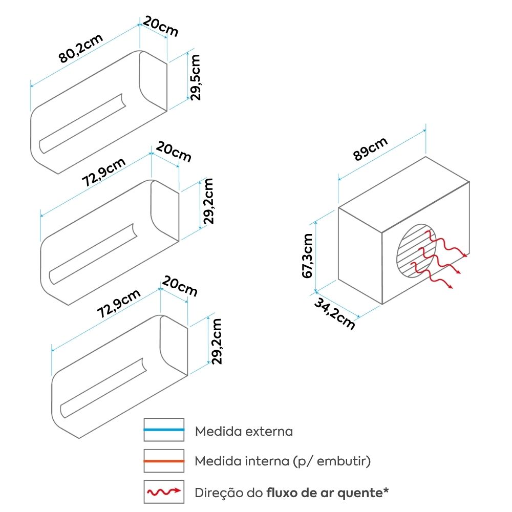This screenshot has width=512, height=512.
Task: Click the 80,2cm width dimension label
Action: [x=81, y=48]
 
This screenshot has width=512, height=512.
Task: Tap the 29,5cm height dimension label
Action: [x=195, y=77]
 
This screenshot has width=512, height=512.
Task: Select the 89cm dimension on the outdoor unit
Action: [x=370, y=148]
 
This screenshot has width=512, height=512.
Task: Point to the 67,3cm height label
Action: [x=308, y=255]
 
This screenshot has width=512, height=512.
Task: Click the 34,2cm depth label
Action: [x=335, y=314]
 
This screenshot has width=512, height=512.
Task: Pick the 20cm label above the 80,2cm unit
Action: [x=161, y=26]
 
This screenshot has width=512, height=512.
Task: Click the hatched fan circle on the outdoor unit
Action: [x=416, y=251]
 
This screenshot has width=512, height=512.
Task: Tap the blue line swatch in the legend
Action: [x=164, y=430]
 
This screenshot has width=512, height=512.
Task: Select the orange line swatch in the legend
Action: [x=164, y=461]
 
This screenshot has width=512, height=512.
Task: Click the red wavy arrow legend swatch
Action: [x=164, y=492]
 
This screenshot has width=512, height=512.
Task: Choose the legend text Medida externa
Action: [x=244, y=431]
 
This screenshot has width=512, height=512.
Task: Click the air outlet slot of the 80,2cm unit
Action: [x=82, y=123]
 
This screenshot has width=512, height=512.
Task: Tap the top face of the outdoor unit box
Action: [x=404, y=195]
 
